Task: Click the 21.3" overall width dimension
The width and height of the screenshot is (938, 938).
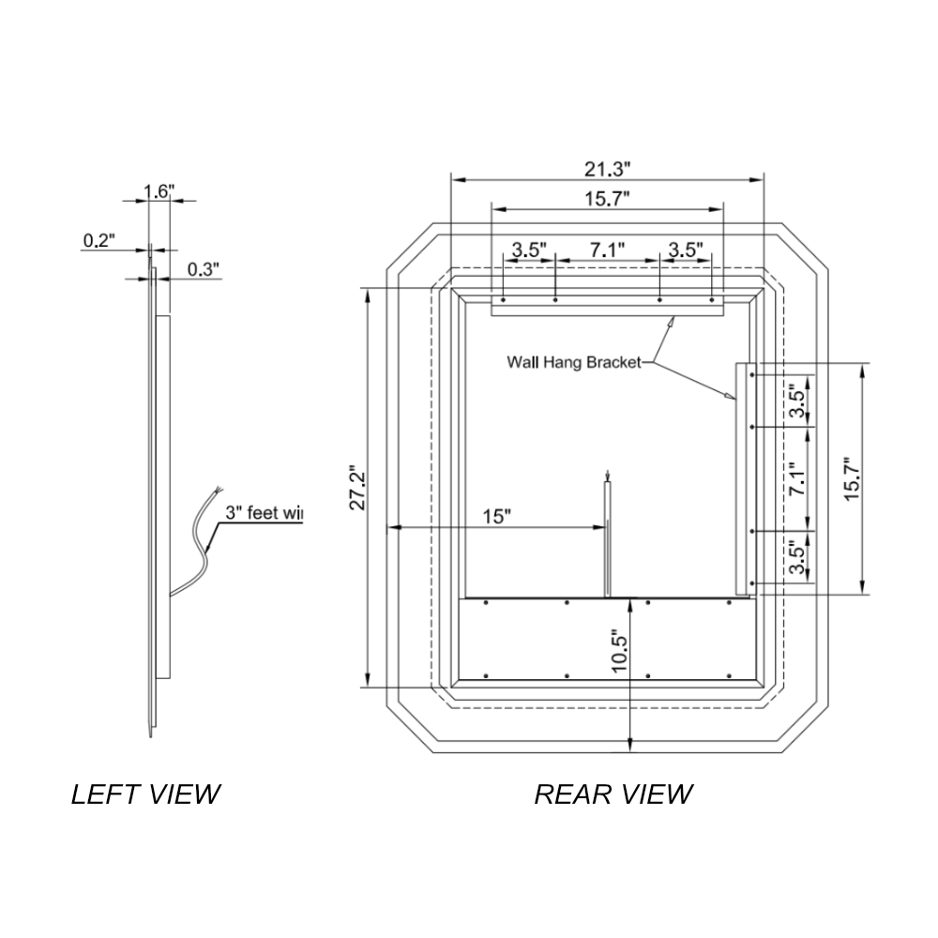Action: point(607,169)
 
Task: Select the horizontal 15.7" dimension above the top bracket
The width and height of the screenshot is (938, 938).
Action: point(607,198)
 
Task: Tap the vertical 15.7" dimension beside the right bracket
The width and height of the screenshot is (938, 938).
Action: point(851,478)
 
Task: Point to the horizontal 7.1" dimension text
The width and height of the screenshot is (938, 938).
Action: point(607,250)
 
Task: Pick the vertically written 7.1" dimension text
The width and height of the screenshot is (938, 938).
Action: point(798,478)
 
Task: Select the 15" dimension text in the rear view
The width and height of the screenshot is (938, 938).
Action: point(496,516)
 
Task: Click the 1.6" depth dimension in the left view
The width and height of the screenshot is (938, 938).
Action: point(159,191)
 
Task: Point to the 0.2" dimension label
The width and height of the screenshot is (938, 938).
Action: point(98,240)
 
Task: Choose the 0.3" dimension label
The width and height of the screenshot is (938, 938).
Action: point(203,269)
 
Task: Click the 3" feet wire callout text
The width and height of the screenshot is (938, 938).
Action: point(264,513)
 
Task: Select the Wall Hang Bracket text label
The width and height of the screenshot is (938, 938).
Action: point(573,361)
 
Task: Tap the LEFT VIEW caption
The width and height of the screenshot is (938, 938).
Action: point(145,794)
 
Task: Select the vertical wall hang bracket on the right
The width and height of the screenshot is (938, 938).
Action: point(740,478)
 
